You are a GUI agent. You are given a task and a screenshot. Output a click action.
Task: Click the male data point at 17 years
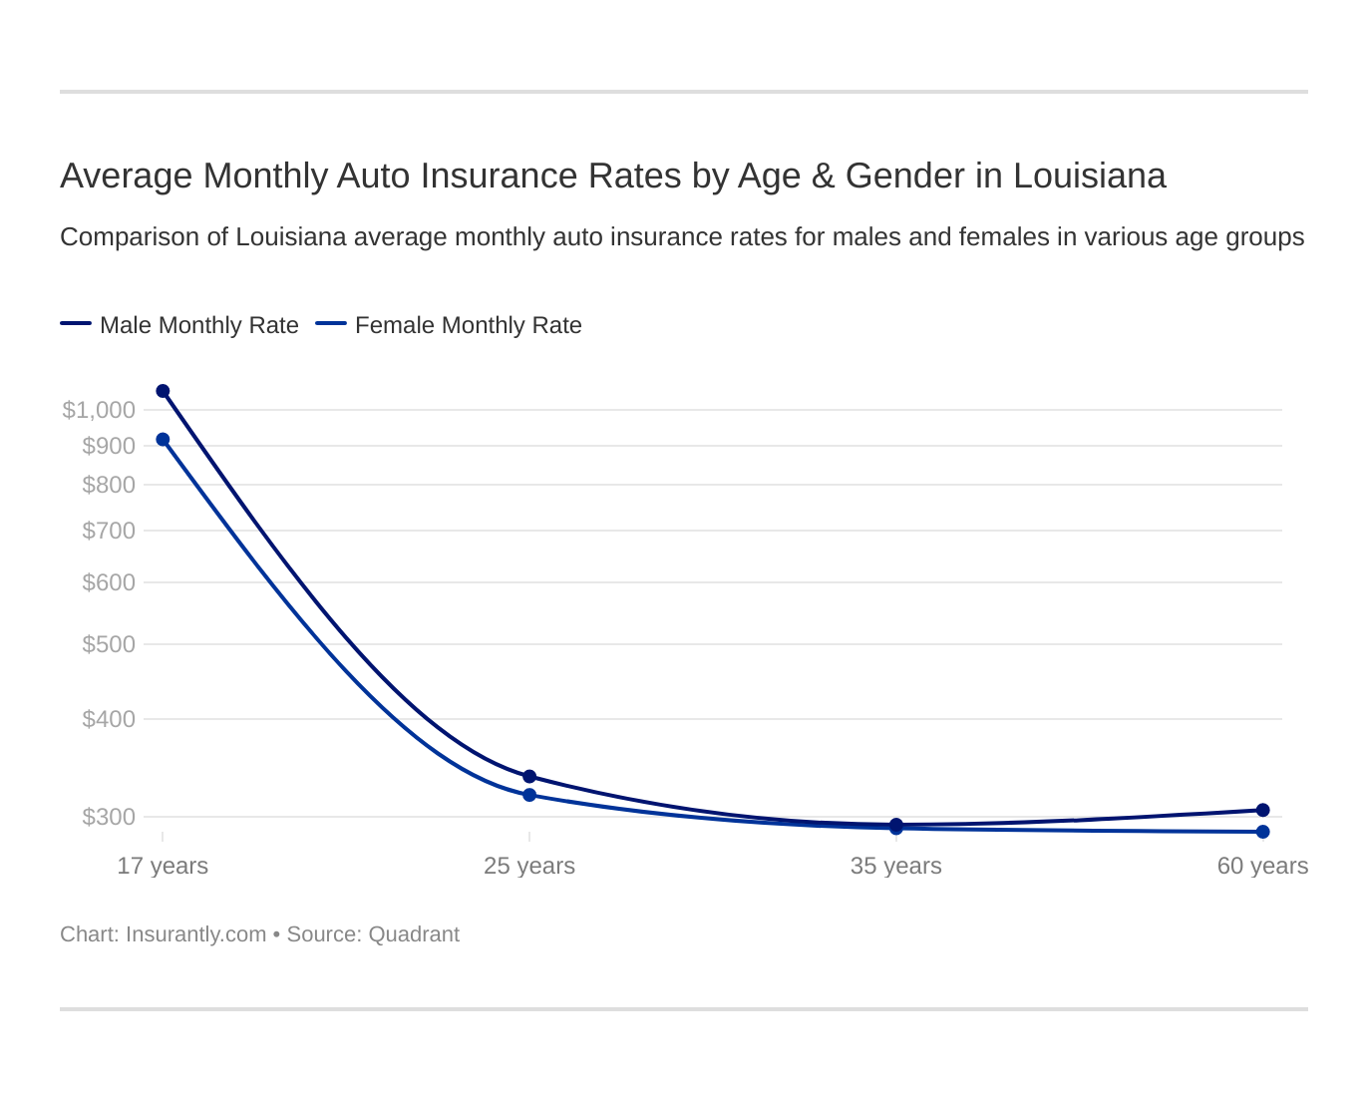(163, 391)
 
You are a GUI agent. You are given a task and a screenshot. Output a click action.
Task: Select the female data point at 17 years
(163, 440)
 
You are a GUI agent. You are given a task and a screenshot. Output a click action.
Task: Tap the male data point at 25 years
(529, 777)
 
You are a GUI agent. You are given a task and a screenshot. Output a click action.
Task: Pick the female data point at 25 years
(529, 795)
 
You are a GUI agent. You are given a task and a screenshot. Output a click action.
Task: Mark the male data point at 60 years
(1262, 810)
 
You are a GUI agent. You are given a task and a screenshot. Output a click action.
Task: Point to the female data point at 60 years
(1262, 832)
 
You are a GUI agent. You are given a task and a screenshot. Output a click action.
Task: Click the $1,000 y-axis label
(99, 410)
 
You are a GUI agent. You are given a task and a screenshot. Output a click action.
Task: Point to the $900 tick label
(109, 446)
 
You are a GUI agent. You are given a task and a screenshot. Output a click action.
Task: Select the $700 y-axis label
(109, 531)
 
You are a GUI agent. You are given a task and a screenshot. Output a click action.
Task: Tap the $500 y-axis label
(109, 644)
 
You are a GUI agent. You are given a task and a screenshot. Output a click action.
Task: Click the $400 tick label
(109, 719)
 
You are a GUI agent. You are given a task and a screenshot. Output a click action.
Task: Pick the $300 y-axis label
(109, 817)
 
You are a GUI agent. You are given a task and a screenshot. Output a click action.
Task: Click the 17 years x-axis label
(163, 866)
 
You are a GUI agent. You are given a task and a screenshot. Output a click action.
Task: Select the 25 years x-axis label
(529, 866)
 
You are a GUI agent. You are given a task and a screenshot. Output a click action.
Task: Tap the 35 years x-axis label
(895, 866)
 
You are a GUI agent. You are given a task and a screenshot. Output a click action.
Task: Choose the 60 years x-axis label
(1262, 866)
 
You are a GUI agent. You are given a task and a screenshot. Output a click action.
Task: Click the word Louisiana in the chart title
(1089, 176)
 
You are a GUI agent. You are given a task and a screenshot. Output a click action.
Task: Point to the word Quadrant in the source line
(414, 934)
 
